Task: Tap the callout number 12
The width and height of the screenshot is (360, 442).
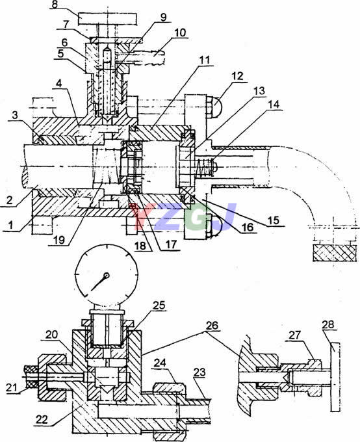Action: coord(238,77)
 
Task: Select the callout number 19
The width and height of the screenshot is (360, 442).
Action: coord(59,240)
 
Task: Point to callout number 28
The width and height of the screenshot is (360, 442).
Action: coord(328,324)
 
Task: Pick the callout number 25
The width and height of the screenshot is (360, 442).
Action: coord(159,305)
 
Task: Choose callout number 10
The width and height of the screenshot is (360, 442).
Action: coord(180,32)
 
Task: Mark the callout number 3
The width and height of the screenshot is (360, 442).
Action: coord(15,115)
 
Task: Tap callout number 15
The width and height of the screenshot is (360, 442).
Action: coord(273,220)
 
